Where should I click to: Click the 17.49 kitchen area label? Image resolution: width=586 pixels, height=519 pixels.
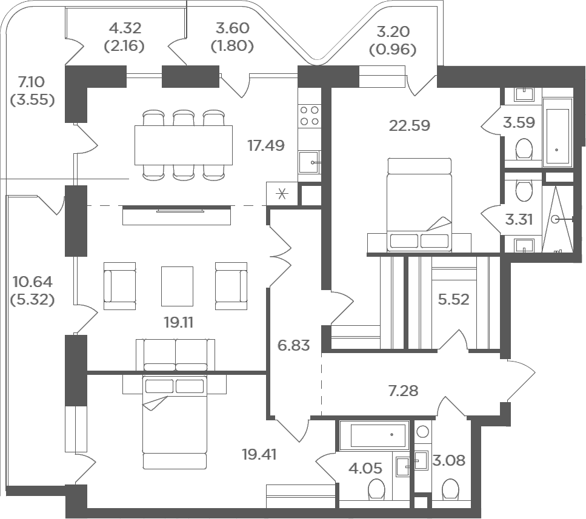(x=266, y=145)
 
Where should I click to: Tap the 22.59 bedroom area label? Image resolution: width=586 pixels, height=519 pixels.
(x=410, y=125)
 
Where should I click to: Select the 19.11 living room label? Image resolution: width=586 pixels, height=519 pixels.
(x=179, y=323)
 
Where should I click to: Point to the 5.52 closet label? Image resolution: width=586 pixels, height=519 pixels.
(x=453, y=299)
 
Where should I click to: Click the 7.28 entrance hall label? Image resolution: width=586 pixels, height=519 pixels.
(x=403, y=391)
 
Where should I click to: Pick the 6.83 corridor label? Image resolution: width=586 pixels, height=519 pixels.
(x=294, y=345)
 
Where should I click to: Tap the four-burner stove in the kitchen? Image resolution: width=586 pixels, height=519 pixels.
(x=310, y=116)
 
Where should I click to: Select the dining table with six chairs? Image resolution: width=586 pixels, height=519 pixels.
(x=184, y=145)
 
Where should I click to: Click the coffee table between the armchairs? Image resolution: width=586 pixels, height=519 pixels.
(x=177, y=286)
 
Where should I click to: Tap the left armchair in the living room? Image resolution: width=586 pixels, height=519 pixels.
(x=119, y=286)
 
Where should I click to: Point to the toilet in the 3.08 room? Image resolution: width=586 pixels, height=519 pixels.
(x=450, y=489)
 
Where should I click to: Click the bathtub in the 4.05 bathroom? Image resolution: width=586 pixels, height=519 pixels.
(x=374, y=435)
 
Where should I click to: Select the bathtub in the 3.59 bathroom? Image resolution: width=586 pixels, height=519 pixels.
(x=558, y=133)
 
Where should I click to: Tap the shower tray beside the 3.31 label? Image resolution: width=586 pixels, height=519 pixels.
(x=558, y=220)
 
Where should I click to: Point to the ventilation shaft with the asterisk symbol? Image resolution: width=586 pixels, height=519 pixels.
(x=282, y=194)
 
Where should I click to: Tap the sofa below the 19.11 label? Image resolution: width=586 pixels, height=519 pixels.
(x=175, y=354)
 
